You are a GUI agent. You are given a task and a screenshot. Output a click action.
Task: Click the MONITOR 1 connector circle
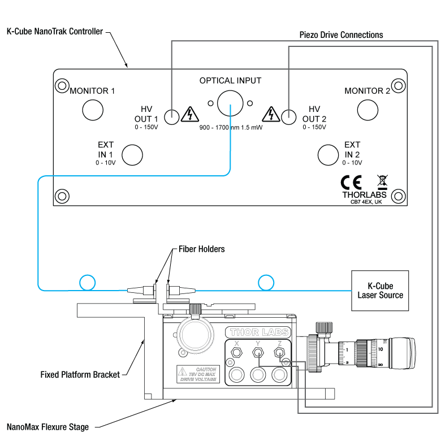pos(93,110)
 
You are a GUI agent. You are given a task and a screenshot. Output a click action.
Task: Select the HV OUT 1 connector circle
pos(172,116)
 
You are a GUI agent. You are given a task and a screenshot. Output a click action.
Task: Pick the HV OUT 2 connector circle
pos(289,116)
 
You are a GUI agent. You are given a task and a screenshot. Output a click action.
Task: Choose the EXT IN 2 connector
pos(328,154)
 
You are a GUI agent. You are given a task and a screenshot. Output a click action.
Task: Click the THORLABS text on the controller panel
pos(365,194)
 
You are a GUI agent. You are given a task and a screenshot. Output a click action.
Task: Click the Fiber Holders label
pos(202,249)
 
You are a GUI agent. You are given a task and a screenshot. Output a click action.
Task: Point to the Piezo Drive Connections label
pos(341,35)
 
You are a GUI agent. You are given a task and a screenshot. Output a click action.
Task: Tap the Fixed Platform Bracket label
pos(80,374)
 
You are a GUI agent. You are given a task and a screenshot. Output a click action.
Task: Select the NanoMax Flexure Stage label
pos(47,427)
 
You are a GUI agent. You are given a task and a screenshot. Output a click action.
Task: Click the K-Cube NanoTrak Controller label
pos(54,32)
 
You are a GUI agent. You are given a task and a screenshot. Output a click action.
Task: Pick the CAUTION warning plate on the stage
pos(197,375)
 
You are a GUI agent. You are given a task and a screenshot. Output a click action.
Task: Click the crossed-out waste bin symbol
pos(382,181)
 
